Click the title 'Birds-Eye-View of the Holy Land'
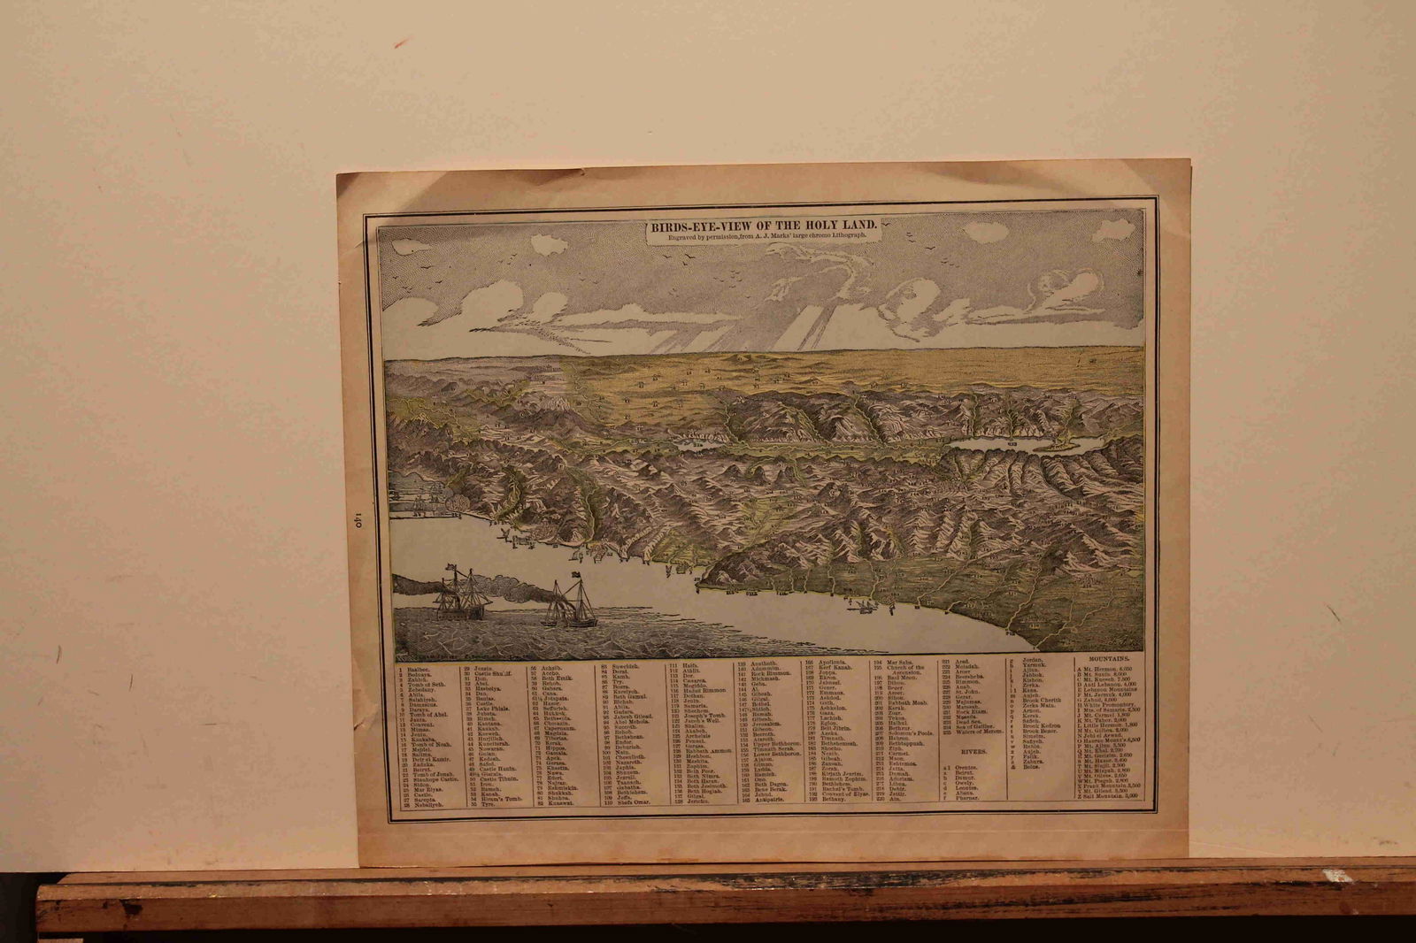tap(764, 226)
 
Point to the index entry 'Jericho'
tap(697, 801)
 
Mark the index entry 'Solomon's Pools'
tap(911, 734)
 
